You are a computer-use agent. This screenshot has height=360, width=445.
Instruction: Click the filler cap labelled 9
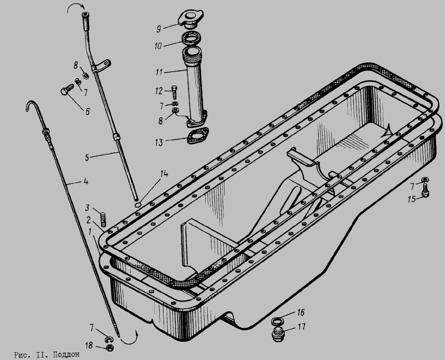point(191,19)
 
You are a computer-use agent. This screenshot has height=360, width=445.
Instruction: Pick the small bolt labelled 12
point(174,91)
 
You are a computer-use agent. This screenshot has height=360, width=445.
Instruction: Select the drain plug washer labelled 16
point(277,321)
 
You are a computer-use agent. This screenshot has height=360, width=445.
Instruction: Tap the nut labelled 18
point(109,348)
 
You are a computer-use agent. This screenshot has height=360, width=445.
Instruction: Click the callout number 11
point(159,72)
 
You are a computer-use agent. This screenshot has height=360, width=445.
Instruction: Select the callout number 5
point(87,158)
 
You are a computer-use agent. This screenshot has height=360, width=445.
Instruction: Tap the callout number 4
point(86,181)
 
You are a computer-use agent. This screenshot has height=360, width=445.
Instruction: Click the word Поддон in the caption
point(66,355)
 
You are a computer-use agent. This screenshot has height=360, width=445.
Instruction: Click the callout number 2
point(89,220)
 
